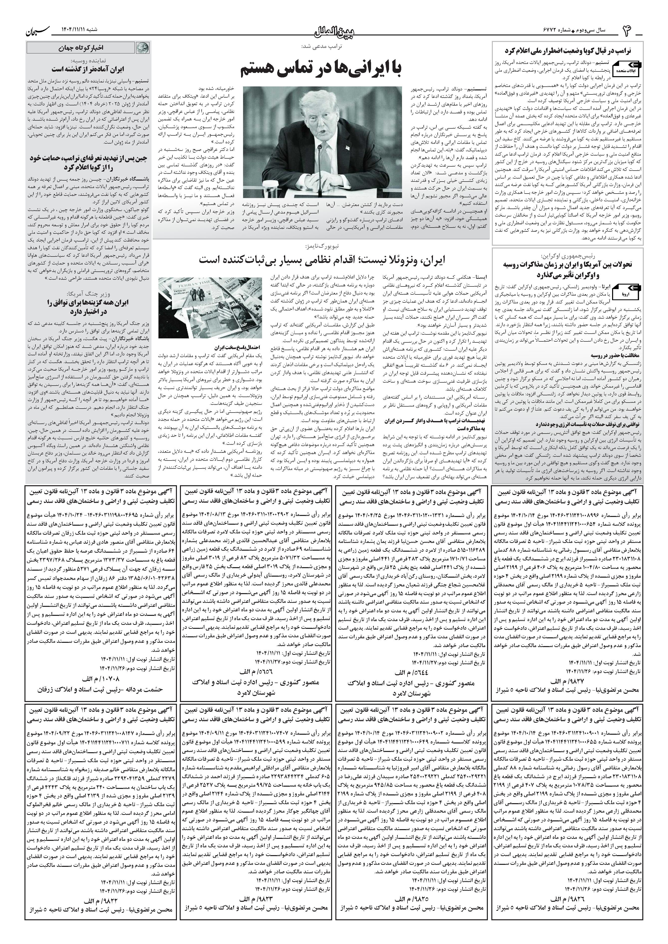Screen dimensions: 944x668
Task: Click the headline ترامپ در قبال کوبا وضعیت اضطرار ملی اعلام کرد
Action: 568,51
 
